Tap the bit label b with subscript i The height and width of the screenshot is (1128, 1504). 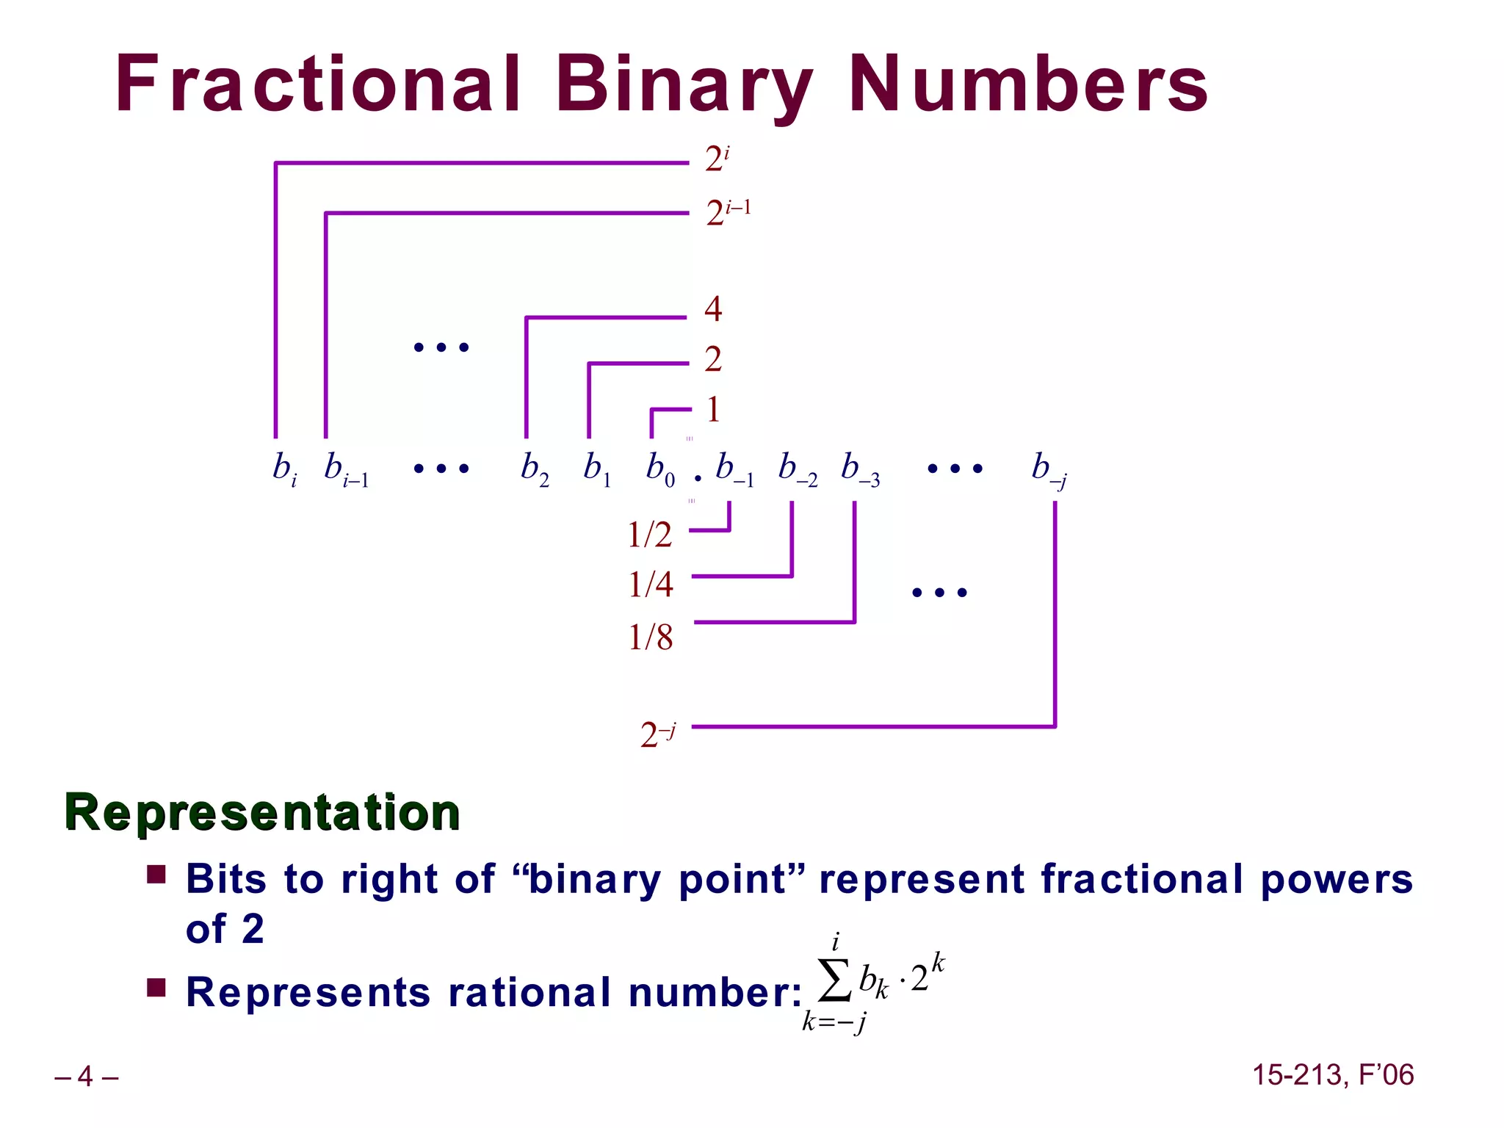[284, 468]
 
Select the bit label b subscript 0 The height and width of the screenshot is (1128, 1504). [659, 468]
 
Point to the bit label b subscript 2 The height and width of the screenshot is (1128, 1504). [534, 468]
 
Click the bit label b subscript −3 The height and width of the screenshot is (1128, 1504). [860, 468]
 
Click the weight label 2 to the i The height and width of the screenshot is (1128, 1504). [716, 159]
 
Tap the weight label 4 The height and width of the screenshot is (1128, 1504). [712, 308]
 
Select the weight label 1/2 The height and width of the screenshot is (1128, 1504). [649, 535]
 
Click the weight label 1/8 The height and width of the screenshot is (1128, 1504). [650, 637]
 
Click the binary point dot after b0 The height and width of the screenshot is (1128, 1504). [698, 478]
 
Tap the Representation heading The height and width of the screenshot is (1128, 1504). [262, 812]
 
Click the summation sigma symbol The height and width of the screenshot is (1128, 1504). [835, 981]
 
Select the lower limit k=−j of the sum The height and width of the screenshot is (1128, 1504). [834, 1022]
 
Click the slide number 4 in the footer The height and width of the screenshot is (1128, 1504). [86, 1077]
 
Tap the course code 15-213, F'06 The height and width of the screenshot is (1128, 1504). [1332, 1075]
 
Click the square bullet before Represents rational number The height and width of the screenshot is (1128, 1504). [156, 987]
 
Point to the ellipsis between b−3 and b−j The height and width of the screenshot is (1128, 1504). [955, 469]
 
